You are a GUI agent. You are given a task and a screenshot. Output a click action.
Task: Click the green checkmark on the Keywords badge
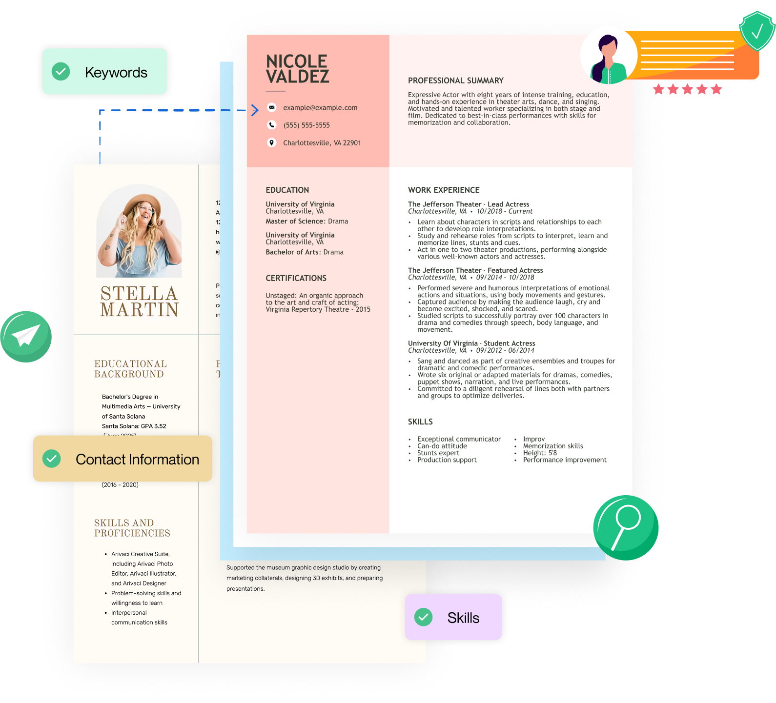point(61,72)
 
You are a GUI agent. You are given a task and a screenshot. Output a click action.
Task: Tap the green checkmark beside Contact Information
point(52,459)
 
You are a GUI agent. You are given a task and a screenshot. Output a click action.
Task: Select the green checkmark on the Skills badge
point(423,617)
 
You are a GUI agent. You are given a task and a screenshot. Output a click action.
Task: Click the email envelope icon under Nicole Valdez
point(272,107)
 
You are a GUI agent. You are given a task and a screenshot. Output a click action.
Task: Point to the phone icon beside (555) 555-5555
point(272,125)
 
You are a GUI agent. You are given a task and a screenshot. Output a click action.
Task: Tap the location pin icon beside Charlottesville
point(272,142)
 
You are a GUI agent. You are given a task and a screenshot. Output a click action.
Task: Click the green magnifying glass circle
point(626,527)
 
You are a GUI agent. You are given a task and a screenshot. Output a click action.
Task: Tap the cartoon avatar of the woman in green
point(608,56)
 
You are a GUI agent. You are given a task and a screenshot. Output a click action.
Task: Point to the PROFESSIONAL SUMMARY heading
point(455,80)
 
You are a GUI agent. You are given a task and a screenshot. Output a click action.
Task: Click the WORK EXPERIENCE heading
point(444,190)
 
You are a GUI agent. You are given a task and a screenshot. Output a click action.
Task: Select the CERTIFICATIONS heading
point(296,278)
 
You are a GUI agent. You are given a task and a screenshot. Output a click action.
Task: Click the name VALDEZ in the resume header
point(297,77)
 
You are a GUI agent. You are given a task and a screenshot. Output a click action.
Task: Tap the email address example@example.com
point(320,108)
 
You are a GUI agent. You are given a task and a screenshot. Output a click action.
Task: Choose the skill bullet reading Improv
point(533,439)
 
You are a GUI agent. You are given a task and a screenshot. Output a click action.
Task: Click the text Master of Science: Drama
point(306,221)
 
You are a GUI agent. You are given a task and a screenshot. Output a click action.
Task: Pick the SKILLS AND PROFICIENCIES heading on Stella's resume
point(132,528)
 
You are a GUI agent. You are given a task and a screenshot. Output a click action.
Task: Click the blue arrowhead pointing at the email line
point(255,110)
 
